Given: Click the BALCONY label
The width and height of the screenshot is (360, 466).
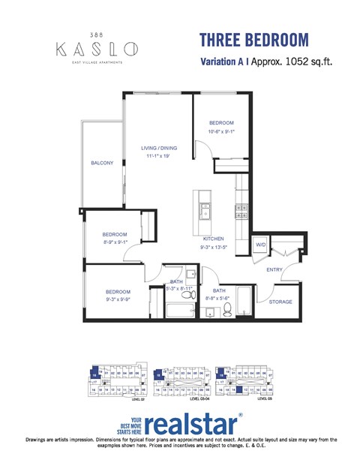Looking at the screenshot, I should coord(102,163).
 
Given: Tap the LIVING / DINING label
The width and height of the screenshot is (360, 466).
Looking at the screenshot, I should coord(159,148).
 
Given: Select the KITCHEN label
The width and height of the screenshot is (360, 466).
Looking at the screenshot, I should coord(214,239).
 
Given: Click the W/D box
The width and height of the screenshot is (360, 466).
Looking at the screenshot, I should coord(261,245).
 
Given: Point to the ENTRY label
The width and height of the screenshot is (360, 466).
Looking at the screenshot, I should coord(274,269).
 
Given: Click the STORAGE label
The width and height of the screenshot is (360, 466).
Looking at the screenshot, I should coord(280,302).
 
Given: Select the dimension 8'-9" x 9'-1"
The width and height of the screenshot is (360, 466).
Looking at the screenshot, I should coord(115,242).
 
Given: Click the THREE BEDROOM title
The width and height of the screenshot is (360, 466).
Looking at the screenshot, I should coord(243,39).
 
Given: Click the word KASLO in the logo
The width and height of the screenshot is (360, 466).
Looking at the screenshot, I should coord(97,50).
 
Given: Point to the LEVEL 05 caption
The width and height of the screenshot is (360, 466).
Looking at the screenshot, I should coord(265,399).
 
